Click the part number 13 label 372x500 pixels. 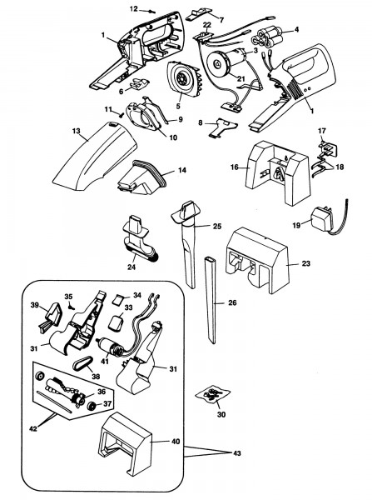[76, 131]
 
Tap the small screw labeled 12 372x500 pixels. [151, 12]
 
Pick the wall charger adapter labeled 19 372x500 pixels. [323, 219]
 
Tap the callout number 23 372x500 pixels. [305, 263]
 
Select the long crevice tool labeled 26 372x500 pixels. [211, 300]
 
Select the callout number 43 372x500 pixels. [237, 453]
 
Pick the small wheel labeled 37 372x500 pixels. [93, 407]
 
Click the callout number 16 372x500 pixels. [235, 167]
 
